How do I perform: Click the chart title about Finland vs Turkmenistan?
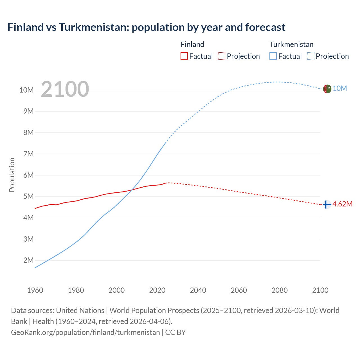click(146, 27)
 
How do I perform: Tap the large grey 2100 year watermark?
click(65, 89)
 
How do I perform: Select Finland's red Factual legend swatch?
click(184, 56)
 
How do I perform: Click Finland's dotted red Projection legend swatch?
click(222, 56)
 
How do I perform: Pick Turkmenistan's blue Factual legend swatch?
click(273, 56)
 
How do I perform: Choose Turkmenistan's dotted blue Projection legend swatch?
click(310, 56)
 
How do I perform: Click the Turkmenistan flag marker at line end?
click(327, 89)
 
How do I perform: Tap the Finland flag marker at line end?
click(327, 204)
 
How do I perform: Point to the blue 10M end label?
click(340, 89)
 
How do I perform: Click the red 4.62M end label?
click(342, 204)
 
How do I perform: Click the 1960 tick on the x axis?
click(35, 290)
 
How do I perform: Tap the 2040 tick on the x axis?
click(198, 290)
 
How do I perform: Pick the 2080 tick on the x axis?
click(280, 290)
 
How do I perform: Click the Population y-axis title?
click(12, 175)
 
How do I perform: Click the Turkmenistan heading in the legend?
click(291, 44)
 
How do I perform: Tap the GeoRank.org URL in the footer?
click(85, 332)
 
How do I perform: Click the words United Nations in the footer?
click(80, 310)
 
